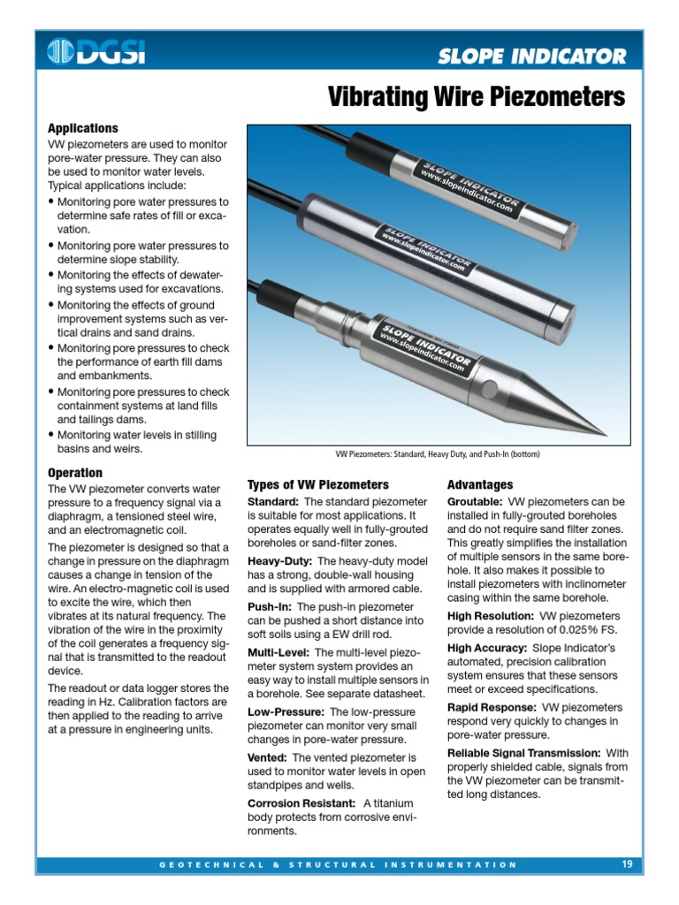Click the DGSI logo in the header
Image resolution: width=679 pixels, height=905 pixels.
click(96, 53)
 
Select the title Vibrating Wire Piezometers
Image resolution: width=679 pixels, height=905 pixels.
click(477, 96)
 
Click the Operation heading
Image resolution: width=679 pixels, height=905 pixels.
click(75, 473)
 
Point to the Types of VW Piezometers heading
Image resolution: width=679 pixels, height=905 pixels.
click(317, 484)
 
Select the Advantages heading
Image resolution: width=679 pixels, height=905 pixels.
click(479, 484)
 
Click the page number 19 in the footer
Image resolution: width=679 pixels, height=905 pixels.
click(627, 864)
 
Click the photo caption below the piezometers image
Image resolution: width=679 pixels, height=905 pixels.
click(437, 454)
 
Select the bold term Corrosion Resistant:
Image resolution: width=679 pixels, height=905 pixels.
click(301, 802)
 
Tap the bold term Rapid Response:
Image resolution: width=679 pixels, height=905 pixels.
click(491, 707)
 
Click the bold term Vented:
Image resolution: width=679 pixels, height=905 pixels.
click(267, 757)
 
